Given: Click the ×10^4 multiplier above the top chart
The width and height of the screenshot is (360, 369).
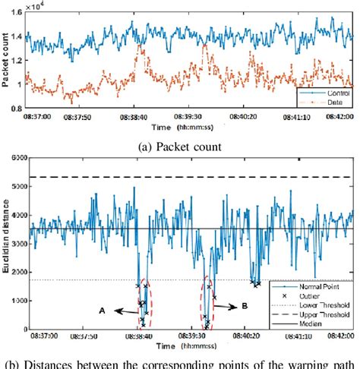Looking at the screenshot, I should click(34, 5).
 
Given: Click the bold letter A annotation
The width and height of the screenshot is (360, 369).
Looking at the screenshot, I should click(101, 310).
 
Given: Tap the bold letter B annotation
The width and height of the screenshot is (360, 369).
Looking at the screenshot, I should click(244, 307).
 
